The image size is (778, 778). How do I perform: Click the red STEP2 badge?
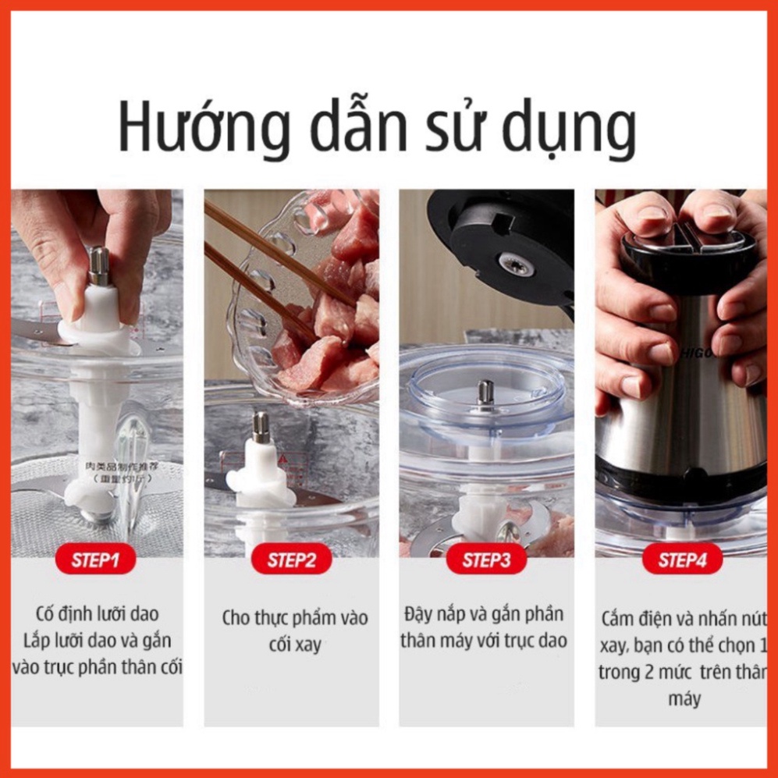coord(292,560)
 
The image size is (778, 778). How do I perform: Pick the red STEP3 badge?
coord(486,560)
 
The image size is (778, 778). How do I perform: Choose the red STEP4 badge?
coord(681,560)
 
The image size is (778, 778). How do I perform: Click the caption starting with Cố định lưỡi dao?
coord(98,641)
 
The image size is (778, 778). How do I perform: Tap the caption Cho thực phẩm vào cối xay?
coord(294,631)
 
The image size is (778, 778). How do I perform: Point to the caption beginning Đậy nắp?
coord(485,627)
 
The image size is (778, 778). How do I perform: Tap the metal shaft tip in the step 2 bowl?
coord(261,426)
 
